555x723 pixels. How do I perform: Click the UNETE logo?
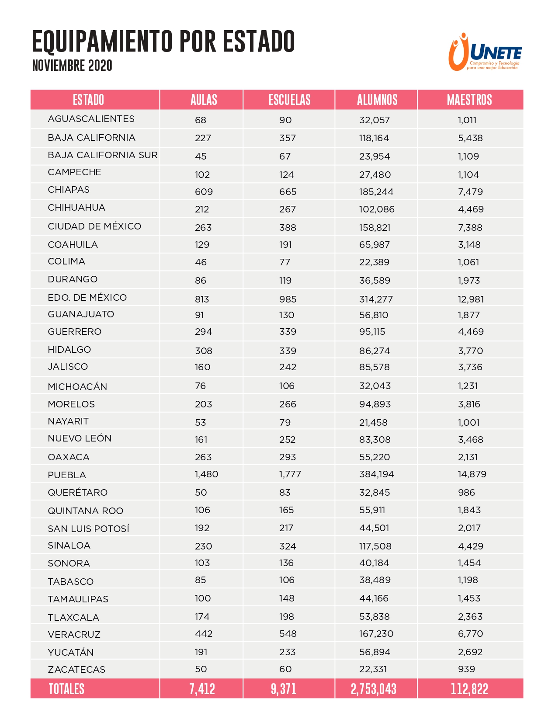point(485,52)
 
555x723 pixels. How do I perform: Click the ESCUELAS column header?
point(289,100)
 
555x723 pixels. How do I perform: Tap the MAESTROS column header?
point(469,100)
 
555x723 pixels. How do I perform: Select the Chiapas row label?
point(69,190)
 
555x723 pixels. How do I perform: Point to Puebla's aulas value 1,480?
point(206,474)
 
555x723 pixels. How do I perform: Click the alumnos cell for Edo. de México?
point(376,299)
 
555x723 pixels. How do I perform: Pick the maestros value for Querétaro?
point(466,493)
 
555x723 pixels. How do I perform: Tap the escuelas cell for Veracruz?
point(288,634)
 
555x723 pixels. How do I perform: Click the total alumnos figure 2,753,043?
point(374,689)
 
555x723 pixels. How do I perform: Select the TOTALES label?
point(66,689)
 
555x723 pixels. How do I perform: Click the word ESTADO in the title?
point(259,42)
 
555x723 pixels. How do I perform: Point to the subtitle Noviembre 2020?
point(72,66)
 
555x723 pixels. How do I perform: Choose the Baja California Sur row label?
point(103,155)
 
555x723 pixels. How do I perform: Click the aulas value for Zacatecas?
point(201,669)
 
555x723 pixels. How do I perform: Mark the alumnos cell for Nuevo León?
point(375,440)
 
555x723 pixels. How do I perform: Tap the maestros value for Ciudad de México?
point(470,228)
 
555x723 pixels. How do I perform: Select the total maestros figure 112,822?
point(469,689)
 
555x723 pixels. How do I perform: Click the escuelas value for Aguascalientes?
point(285,120)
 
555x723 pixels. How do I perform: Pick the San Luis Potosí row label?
point(89,529)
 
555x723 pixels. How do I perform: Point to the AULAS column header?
point(204,100)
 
